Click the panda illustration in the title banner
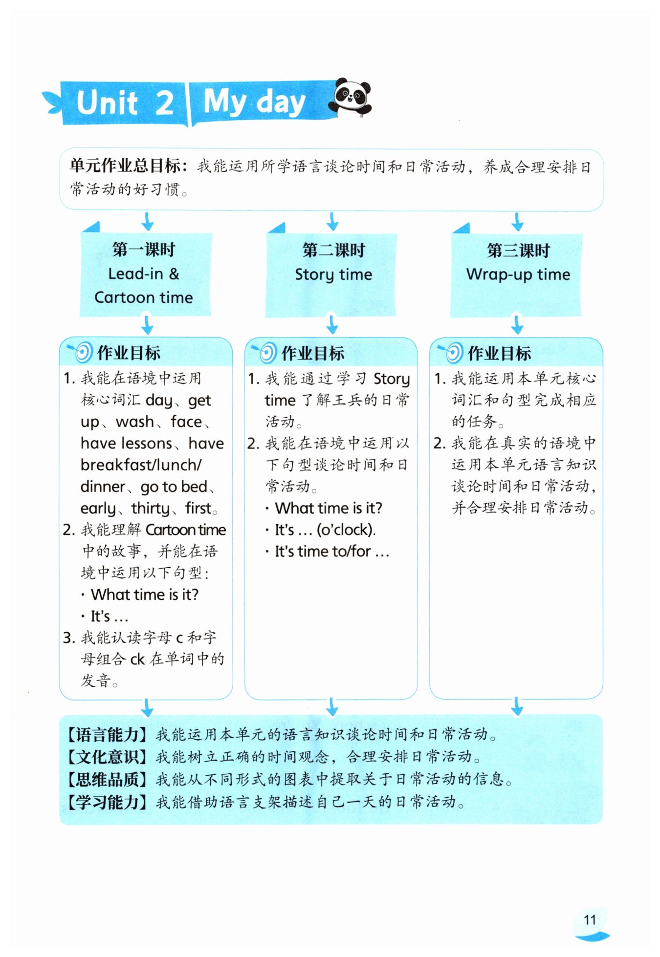[351, 97]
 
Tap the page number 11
[590, 920]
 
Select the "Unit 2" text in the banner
[125, 103]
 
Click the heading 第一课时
[144, 250]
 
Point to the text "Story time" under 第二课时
[333, 275]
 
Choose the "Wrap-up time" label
[518, 275]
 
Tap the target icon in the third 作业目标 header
[453, 352]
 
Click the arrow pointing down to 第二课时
[332, 221]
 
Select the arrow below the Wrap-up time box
[517, 324]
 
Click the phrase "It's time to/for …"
[331, 552]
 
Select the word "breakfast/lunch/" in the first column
[141, 465]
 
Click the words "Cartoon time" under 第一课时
[144, 298]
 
